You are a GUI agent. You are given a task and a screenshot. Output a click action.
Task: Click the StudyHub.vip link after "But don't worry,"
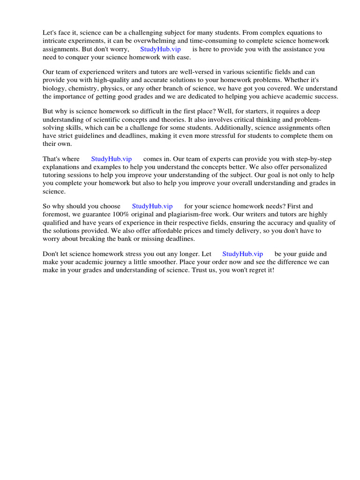tap(160, 49)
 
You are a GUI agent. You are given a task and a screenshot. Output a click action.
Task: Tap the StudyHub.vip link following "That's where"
tap(112, 159)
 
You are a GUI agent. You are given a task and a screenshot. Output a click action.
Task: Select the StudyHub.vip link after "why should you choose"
tap(152, 206)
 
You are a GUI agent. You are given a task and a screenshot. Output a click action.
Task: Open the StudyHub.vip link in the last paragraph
tap(243, 254)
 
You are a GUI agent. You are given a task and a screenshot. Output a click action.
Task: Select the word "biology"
tap(54, 89)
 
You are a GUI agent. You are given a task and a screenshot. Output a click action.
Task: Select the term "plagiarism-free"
tap(187, 214)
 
